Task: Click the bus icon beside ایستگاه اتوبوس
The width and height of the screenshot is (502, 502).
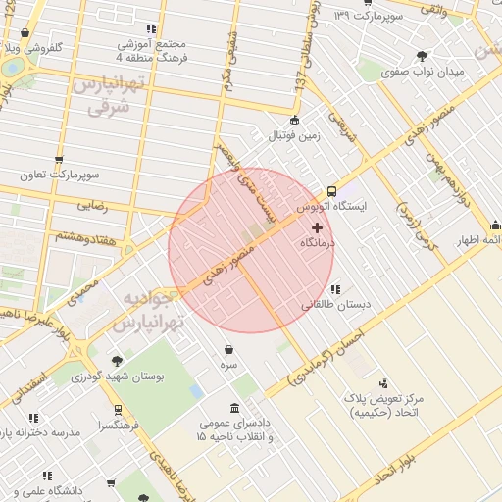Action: (x=331, y=192)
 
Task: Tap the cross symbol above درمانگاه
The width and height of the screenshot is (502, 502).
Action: (x=316, y=227)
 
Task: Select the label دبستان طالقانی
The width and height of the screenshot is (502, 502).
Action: (x=336, y=304)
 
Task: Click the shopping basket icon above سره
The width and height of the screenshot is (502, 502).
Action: (x=228, y=349)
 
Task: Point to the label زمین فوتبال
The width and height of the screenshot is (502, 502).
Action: (x=294, y=135)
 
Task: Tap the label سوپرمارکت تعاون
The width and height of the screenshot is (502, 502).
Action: (x=59, y=175)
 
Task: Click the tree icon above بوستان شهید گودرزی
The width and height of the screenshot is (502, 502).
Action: (x=119, y=360)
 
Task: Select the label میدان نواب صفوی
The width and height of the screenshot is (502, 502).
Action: (x=422, y=72)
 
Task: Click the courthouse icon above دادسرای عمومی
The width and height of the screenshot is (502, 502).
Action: (x=233, y=408)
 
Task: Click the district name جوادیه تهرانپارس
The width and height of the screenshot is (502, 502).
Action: (x=147, y=310)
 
